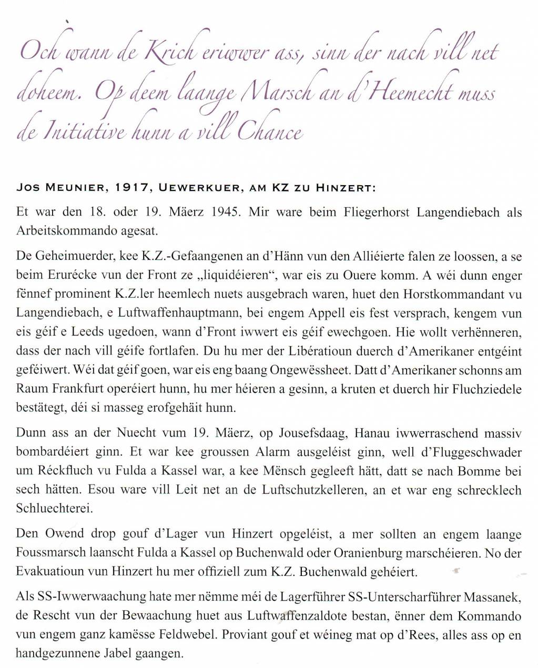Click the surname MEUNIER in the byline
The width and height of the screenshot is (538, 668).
pyautogui.click(x=73, y=188)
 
